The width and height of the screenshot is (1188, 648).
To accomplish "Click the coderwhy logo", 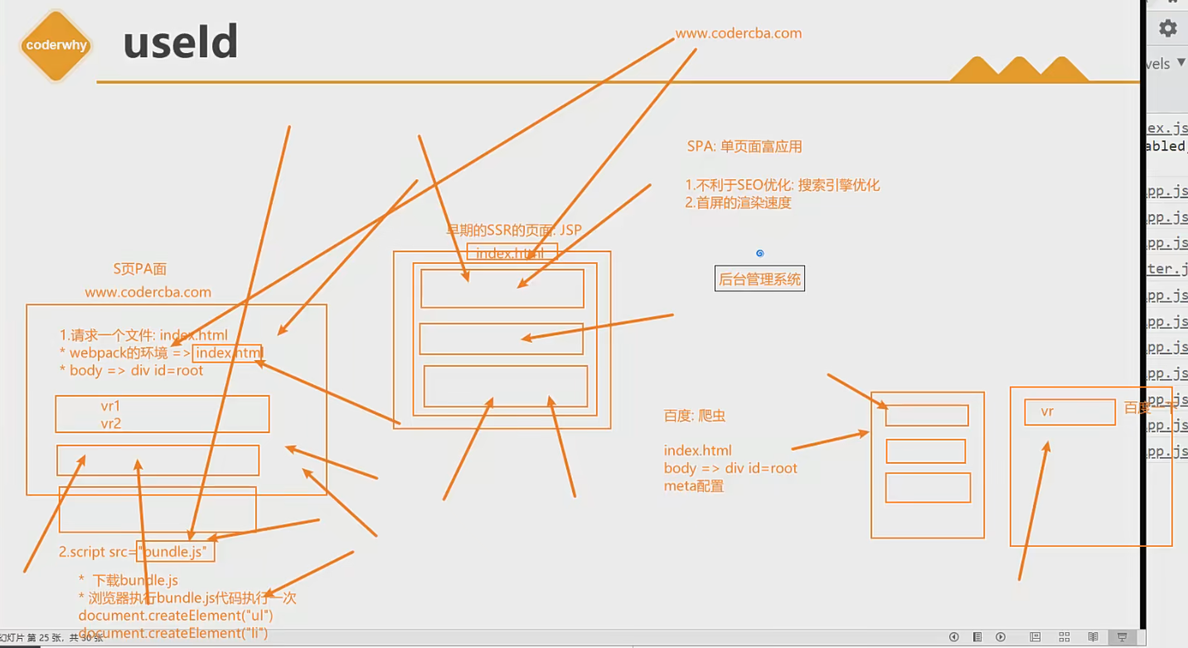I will point(56,46).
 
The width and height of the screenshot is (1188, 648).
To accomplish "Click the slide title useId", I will point(181,42).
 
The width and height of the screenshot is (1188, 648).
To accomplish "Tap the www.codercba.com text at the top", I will point(738,34).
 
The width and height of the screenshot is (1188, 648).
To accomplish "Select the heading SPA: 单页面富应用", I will point(744,147).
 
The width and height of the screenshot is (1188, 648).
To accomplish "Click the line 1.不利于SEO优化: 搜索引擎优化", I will point(782,185).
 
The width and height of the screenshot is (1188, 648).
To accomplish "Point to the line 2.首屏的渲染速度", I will point(738,202).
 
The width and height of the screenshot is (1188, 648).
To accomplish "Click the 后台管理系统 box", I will point(759,279).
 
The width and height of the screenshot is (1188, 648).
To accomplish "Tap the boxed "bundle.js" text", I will point(177,551).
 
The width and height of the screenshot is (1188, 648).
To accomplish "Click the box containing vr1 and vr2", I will point(162,414).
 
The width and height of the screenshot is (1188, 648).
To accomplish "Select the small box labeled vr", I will point(1069,412).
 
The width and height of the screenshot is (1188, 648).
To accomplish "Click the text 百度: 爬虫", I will point(695,416).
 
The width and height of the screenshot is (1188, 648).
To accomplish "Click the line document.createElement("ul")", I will point(176,616).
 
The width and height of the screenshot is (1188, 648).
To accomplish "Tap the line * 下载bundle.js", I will point(128,580).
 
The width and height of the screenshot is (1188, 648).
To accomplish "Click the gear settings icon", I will point(1168,28).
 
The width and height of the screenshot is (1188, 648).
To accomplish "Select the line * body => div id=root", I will point(131,371).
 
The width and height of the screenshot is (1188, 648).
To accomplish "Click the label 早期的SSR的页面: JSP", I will point(514,230).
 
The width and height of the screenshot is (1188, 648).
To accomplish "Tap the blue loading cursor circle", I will point(759,253).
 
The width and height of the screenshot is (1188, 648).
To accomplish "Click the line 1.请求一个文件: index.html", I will point(143,336).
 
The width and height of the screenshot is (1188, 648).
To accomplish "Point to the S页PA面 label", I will point(140,269).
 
